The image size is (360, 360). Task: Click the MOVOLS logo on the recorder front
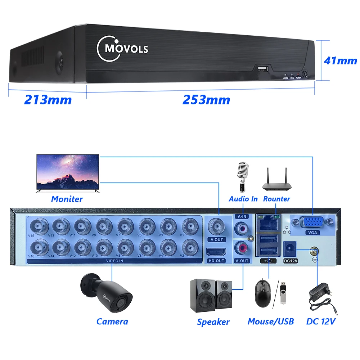(122, 49)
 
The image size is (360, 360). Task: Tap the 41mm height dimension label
(340, 60)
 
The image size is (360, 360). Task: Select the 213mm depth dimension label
(48, 100)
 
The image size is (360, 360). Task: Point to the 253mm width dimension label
(206, 100)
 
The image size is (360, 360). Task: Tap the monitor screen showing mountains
(68, 172)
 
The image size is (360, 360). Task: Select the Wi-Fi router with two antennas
(276, 180)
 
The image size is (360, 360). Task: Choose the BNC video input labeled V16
(37, 247)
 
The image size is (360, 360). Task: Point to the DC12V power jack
(289, 248)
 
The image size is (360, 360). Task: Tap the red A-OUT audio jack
(241, 248)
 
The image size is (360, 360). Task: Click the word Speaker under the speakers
(213, 322)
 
